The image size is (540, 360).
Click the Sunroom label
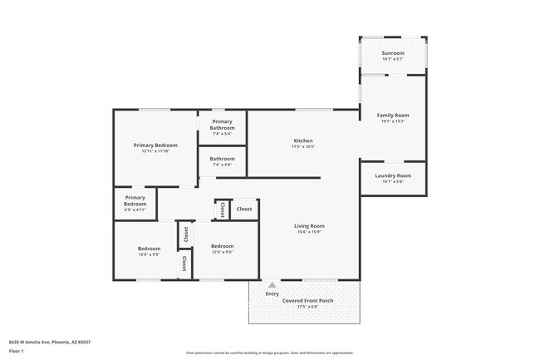[x=392, y=52]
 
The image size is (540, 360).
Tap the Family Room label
[x=393, y=115]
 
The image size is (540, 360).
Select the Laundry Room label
[x=393, y=175]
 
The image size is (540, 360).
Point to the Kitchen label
[x=303, y=141]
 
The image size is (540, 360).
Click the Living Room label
[x=309, y=225]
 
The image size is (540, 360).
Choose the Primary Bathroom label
[x=222, y=125]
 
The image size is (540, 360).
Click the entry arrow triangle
[x=271, y=285]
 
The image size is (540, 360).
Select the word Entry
[x=272, y=293]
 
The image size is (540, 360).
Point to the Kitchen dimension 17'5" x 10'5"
[x=303, y=147]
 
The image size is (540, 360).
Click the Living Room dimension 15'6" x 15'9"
[x=309, y=232]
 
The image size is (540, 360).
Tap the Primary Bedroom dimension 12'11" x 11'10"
[x=155, y=151]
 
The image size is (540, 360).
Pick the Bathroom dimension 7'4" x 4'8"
[x=222, y=165]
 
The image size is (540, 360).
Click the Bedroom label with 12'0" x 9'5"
[x=149, y=249]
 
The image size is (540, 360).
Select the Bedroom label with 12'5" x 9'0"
[x=222, y=246]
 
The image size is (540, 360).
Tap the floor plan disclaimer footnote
[x=269, y=353]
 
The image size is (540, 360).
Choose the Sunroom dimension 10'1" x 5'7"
[x=392, y=59]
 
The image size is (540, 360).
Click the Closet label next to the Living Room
[x=244, y=209]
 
